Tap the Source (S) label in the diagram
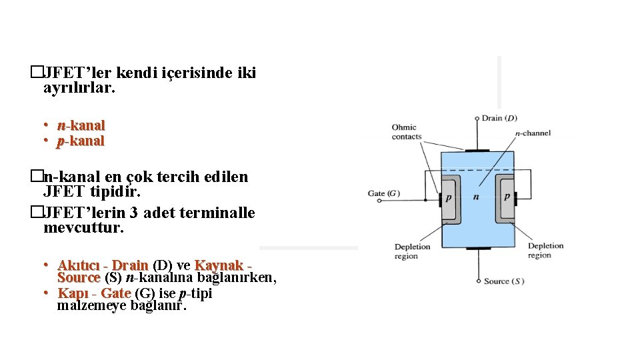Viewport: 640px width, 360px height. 503,281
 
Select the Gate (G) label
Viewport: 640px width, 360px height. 384,194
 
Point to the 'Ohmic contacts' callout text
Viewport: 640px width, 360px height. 407,132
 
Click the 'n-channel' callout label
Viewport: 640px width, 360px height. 533,133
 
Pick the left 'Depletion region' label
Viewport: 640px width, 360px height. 413,251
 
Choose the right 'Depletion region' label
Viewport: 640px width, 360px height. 545,251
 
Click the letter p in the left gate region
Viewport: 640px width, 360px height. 449,197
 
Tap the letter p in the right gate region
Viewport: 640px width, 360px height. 507,197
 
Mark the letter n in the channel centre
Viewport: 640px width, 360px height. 476,197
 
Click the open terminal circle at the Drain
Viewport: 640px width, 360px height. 477,119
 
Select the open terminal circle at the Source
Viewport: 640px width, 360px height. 477,281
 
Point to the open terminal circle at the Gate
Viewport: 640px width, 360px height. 405,194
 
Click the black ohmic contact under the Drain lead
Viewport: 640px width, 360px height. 477,151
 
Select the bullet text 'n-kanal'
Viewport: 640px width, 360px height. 81,125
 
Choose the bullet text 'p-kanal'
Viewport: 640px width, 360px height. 81,141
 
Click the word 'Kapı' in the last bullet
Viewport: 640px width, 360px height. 72,293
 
